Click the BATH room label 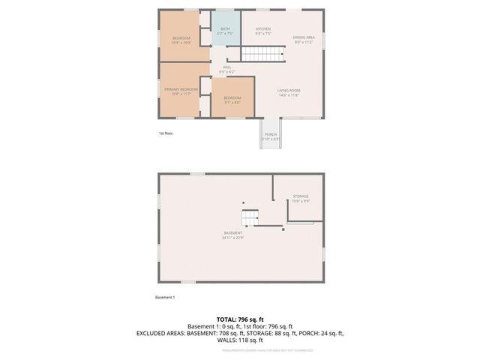point(225,29)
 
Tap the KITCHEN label point(262,29)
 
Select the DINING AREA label point(304,37)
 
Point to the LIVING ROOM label point(288,91)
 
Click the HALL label point(226,67)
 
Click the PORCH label point(270,134)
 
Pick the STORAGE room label point(300,196)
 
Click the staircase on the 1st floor point(263,54)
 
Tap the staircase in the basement point(250,217)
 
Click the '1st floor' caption point(166,133)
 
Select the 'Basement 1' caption point(165,298)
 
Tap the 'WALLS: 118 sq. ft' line point(239,340)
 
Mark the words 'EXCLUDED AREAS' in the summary point(160,333)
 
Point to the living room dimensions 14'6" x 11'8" point(288,95)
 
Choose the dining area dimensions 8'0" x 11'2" point(304,42)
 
